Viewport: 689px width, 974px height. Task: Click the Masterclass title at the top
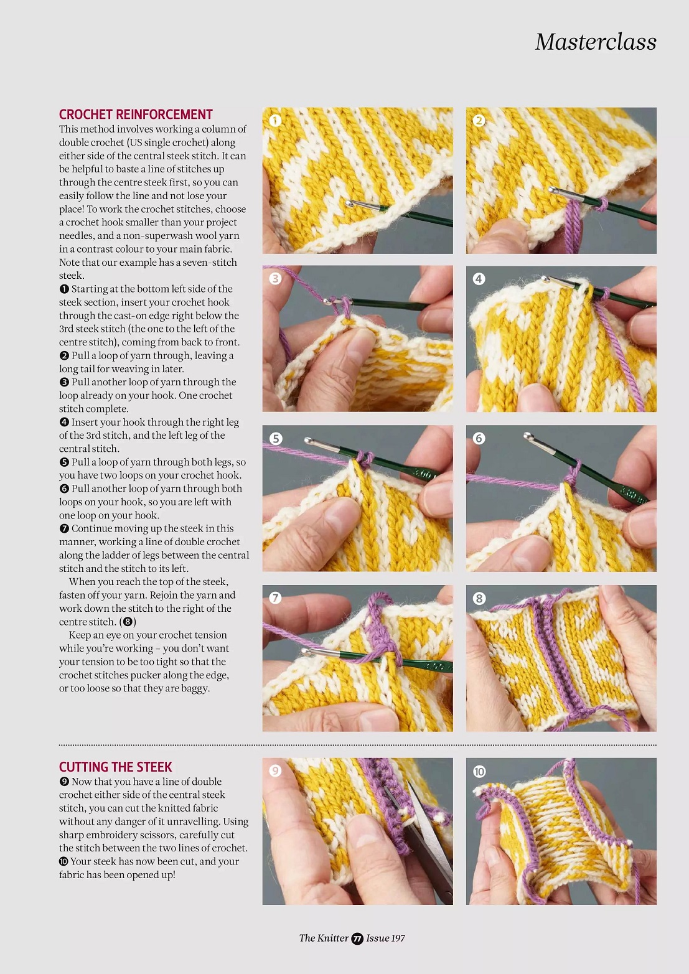pyautogui.click(x=596, y=42)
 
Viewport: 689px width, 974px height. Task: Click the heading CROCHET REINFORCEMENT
pyautogui.click(x=136, y=115)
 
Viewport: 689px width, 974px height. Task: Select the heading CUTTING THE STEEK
pyautogui.click(x=116, y=767)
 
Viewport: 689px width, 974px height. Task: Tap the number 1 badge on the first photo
pyautogui.click(x=275, y=121)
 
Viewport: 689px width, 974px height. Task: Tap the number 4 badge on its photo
pyautogui.click(x=479, y=279)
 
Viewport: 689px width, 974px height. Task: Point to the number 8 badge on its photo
pyautogui.click(x=479, y=598)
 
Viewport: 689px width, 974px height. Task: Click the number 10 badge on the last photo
pyautogui.click(x=479, y=771)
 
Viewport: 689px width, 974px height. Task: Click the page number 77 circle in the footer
pyautogui.click(x=357, y=939)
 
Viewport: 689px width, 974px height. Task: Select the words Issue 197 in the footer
pyautogui.click(x=385, y=938)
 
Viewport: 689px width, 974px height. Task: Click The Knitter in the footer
pyautogui.click(x=324, y=938)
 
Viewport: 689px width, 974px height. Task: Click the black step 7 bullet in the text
pyautogui.click(x=64, y=529)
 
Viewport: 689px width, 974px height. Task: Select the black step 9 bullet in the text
pyautogui.click(x=64, y=781)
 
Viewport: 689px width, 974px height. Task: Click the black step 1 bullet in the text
pyautogui.click(x=64, y=289)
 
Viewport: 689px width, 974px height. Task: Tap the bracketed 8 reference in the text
pyautogui.click(x=128, y=622)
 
